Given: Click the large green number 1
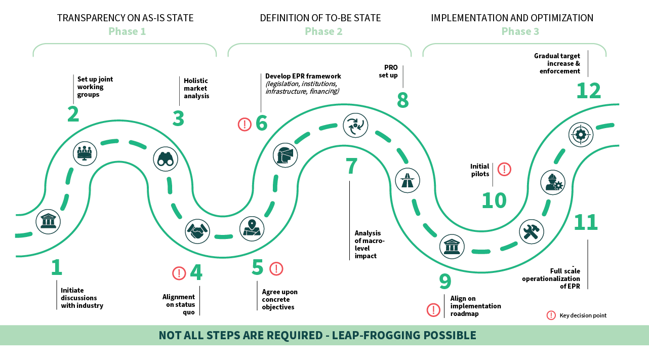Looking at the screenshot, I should (x=57, y=268).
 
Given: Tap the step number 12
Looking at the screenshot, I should (x=589, y=91).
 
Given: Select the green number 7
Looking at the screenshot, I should (x=351, y=166).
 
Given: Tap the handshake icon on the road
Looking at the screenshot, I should (x=197, y=231).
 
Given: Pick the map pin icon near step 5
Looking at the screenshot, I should (x=252, y=228).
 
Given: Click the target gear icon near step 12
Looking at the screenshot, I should (x=581, y=134).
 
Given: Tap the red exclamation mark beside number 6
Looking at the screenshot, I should (x=245, y=124).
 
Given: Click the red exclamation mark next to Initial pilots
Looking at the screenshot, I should (x=504, y=169).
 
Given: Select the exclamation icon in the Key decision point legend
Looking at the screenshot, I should (x=551, y=315).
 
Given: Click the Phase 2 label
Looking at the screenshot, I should (x=323, y=31).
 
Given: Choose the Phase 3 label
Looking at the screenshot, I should (x=520, y=31).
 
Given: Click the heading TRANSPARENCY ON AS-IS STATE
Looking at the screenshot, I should (x=126, y=18).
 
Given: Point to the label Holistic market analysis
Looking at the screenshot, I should (x=196, y=88).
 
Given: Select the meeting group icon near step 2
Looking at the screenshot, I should (x=85, y=152).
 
